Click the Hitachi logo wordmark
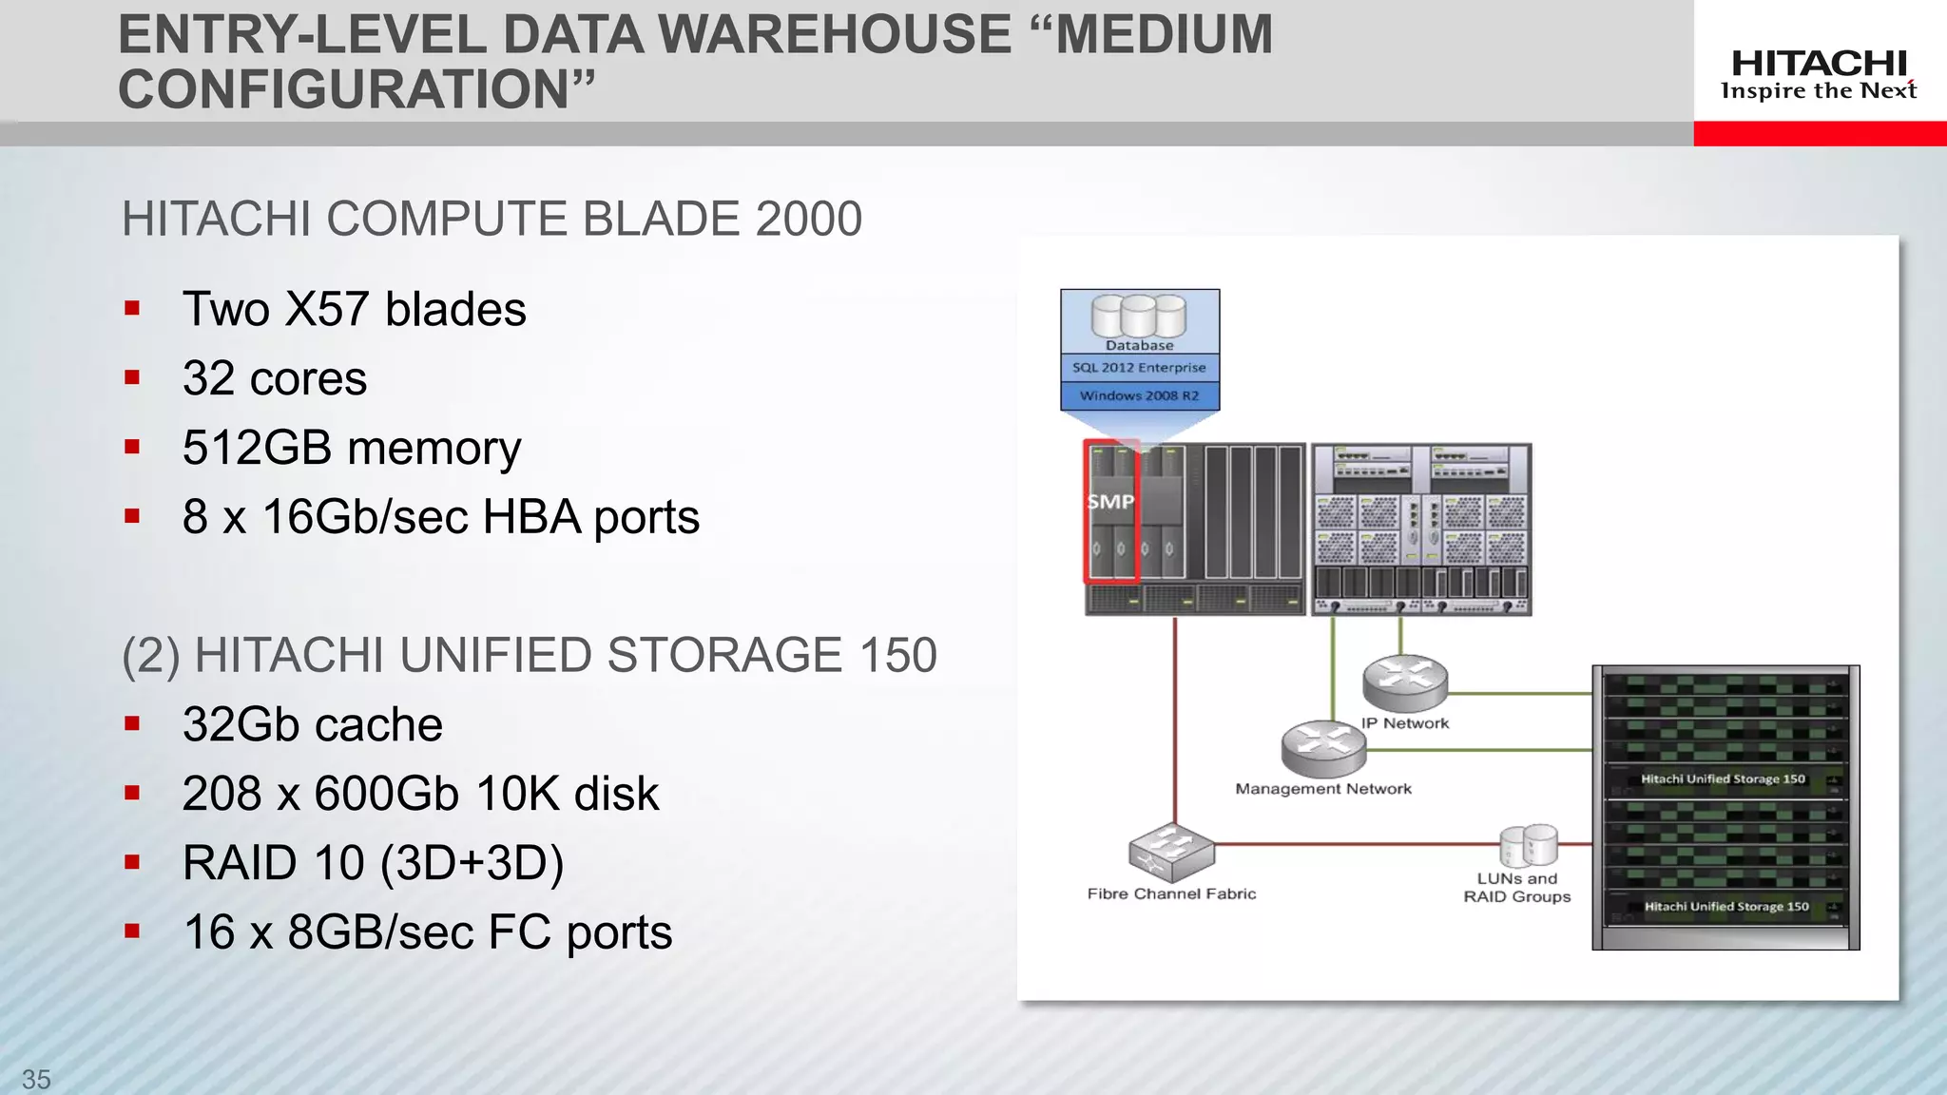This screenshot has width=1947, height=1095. pyautogui.click(x=1819, y=65)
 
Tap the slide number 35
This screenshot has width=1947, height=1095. pyautogui.click(x=36, y=1079)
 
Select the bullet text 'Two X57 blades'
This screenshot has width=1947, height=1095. pyautogui.click(x=354, y=309)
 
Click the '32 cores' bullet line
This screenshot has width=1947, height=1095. pyautogui.click(x=274, y=378)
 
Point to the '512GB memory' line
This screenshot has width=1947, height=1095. pyautogui.click(x=352, y=448)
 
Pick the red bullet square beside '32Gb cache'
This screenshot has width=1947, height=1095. pyautogui.click(x=132, y=724)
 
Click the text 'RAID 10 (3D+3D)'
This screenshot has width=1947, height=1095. pyautogui.click(x=373, y=863)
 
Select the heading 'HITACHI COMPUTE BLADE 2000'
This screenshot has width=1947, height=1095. pyautogui.click(x=492, y=219)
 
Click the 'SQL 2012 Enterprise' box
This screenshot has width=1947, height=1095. pyautogui.click(x=1139, y=368)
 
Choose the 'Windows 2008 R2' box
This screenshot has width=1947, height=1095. pyautogui.click(x=1139, y=395)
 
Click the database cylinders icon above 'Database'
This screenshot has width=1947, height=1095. pyautogui.click(x=1139, y=315)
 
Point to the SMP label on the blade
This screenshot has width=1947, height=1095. pyautogui.click(x=1110, y=501)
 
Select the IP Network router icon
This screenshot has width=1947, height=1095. pyautogui.click(x=1404, y=682)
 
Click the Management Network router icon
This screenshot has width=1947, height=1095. pyautogui.click(x=1322, y=747)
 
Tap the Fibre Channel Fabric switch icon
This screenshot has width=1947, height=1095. pyautogui.click(x=1171, y=850)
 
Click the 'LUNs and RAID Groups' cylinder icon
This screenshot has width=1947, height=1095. pyautogui.click(x=1528, y=845)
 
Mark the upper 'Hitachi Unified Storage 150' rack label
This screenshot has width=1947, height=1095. pyautogui.click(x=1722, y=778)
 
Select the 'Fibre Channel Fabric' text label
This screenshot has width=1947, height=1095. pyautogui.click(x=1171, y=893)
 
